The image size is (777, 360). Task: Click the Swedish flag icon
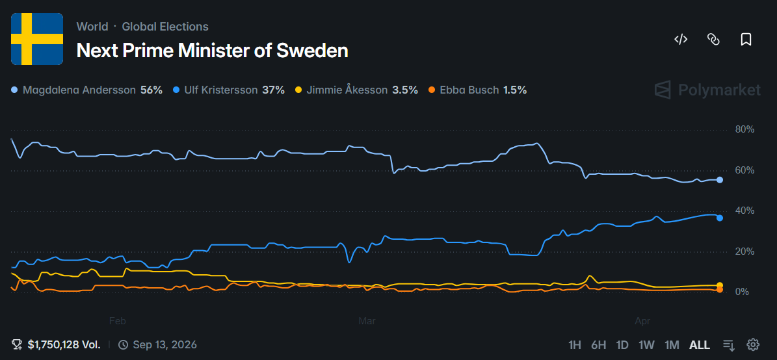[37, 39]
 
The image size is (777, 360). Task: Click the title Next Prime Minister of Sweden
[212, 50]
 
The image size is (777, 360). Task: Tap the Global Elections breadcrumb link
[165, 27]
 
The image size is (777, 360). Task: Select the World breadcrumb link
[92, 27]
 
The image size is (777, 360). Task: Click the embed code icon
[681, 40]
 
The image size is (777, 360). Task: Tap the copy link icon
[713, 40]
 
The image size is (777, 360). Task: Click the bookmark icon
[746, 40]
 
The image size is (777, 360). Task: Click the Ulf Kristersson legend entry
[228, 90]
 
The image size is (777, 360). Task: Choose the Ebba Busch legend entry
[478, 90]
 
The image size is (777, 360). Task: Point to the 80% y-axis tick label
[744, 129]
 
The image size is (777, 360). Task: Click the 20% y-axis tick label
[744, 251]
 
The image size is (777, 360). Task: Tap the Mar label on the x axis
[368, 320]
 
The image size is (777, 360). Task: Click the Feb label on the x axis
[117, 320]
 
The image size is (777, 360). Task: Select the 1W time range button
[646, 344]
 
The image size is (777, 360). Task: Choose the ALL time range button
[700, 344]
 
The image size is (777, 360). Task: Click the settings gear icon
[753, 344]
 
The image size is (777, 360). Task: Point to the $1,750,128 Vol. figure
[64, 344]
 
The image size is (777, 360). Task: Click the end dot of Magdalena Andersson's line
[719, 180]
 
